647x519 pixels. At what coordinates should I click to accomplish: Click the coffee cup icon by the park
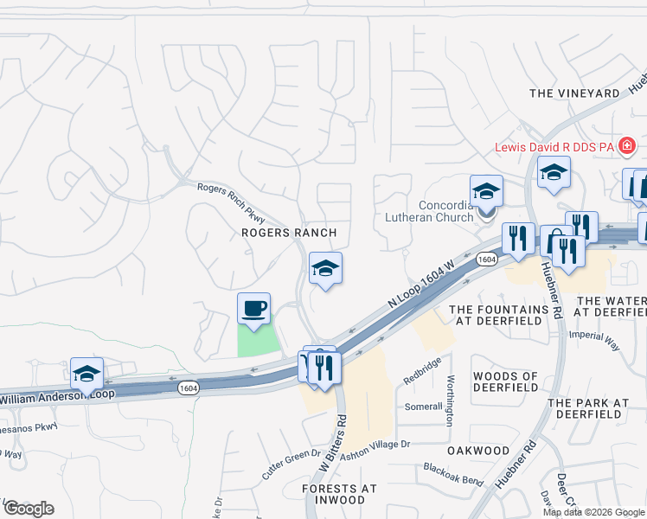(253, 310)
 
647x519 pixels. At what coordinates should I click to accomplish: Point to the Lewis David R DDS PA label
(554, 147)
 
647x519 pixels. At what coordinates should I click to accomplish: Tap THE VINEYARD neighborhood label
(574, 93)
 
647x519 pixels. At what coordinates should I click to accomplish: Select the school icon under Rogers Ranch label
(325, 269)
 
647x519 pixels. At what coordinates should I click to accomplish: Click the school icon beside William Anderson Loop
(86, 374)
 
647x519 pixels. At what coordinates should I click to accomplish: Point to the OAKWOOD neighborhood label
(478, 451)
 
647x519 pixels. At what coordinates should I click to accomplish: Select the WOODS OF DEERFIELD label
(506, 382)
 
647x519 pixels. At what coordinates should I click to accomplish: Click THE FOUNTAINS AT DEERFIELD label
(499, 315)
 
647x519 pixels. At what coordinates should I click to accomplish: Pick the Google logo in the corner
(28, 509)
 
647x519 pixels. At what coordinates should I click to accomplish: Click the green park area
(258, 341)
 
